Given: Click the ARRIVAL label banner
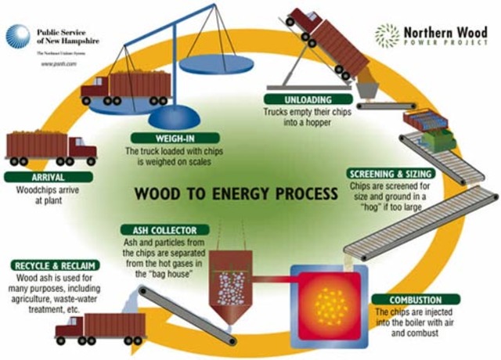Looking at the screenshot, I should point(38,177).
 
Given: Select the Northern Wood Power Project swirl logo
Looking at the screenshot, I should point(387,35).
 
